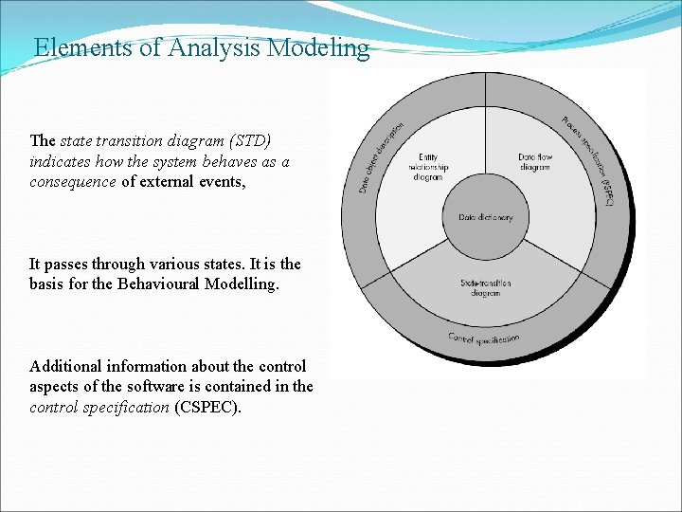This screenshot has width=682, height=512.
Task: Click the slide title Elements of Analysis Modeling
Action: pos(201,47)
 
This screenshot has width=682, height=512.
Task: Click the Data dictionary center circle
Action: pos(486,217)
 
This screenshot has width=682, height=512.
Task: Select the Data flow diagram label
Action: pos(534,162)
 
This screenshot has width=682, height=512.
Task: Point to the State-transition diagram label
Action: pos(486,287)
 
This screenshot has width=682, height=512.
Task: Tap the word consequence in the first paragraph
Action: pos(73,182)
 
